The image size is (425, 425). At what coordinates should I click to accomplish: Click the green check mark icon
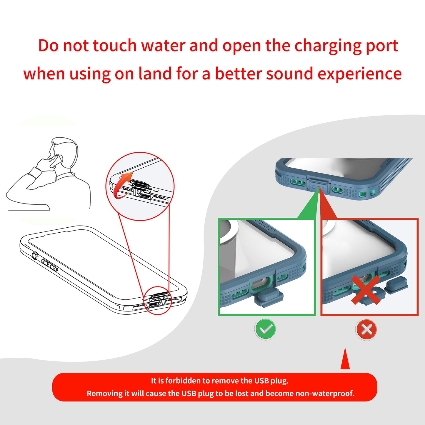(265, 329)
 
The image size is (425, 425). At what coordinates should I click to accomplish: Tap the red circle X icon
(366, 329)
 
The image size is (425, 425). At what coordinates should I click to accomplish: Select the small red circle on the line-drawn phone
(158, 301)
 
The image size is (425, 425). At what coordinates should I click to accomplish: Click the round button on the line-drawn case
(35, 256)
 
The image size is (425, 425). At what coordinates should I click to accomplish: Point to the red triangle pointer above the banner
(345, 360)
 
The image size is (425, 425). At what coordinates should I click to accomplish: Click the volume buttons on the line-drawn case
(49, 264)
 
